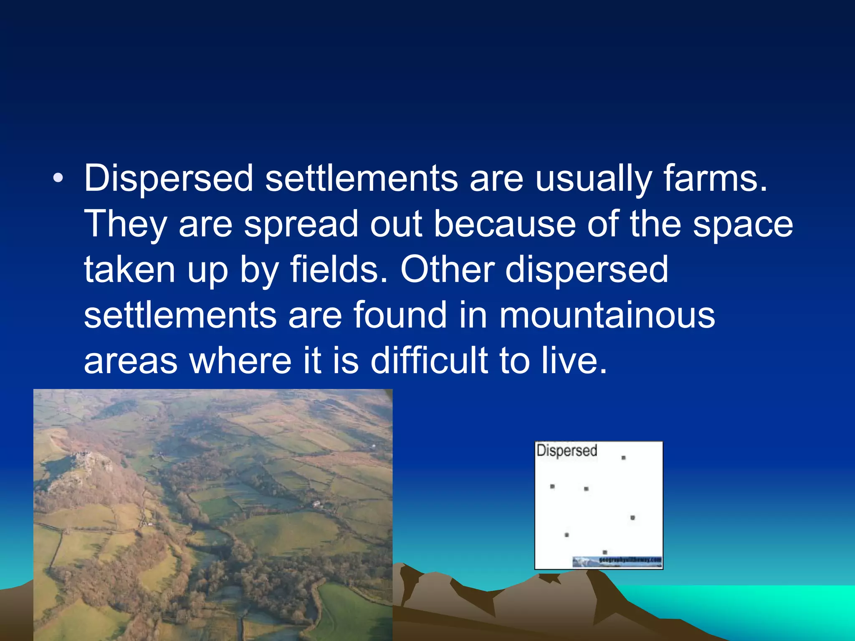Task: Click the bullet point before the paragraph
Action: (58, 179)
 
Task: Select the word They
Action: (126, 225)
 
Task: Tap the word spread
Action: (301, 225)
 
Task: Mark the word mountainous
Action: (607, 315)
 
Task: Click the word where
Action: (240, 360)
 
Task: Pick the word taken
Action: (130, 270)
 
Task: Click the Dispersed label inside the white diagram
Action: (567, 451)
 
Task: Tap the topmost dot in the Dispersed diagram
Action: (623, 458)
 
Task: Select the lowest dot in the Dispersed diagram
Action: (605, 552)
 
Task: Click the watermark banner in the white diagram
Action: (617, 561)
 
